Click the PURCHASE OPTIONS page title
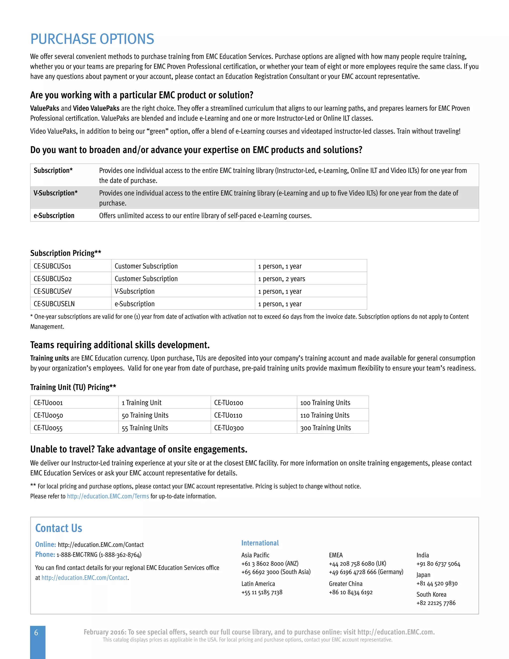pyautogui.click(x=92, y=39)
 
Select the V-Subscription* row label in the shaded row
pyautogui.click(x=55, y=193)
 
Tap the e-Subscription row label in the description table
pyautogui.click(x=54, y=216)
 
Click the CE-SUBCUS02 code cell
pyautogui.click(x=53, y=279)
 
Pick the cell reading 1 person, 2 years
pyautogui.click(x=282, y=279)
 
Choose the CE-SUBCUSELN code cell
pyautogui.click(x=54, y=304)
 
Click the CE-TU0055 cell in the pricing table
pyautogui.click(x=48, y=428)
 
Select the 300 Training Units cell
pyautogui.click(x=325, y=428)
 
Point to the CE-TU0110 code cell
pyautogui.click(x=228, y=415)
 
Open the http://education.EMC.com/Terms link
pyautogui.click(x=108, y=496)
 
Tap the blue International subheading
pyautogui.click(x=260, y=543)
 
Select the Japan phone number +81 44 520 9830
pyautogui.click(x=437, y=584)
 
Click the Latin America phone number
pyautogui.click(x=262, y=592)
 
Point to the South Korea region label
pyautogui.click(x=431, y=594)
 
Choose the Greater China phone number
pyautogui.click(x=351, y=592)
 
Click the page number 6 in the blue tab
pyautogui.click(x=36, y=633)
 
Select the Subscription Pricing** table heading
pyautogui.click(x=66, y=253)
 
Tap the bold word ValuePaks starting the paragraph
pyautogui.click(x=45, y=108)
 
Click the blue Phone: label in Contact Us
pyautogui.click(x=45, y=555)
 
